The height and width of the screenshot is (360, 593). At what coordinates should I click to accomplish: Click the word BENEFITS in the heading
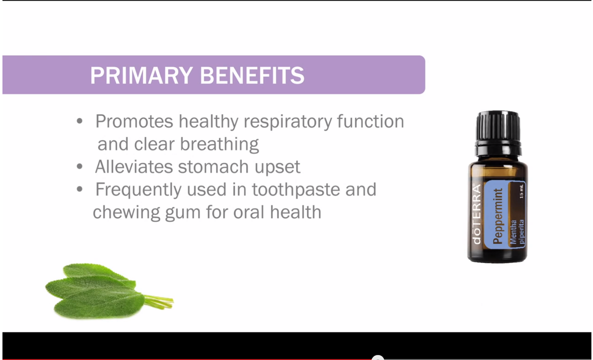coord(252,75)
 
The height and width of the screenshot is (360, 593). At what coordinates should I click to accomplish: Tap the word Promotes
coord(134,121)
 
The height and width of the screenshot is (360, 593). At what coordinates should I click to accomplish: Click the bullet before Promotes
coord(79,122)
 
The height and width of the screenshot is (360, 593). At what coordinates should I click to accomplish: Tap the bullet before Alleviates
coord(79,167)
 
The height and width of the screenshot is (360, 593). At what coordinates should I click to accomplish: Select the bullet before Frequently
coord(79,190)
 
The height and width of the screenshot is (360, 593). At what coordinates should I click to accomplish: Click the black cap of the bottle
coord(498,129)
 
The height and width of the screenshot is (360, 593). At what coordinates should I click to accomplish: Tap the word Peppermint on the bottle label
coord(498,216)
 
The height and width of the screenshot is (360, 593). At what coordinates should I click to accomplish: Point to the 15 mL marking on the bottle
coord(521,193)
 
